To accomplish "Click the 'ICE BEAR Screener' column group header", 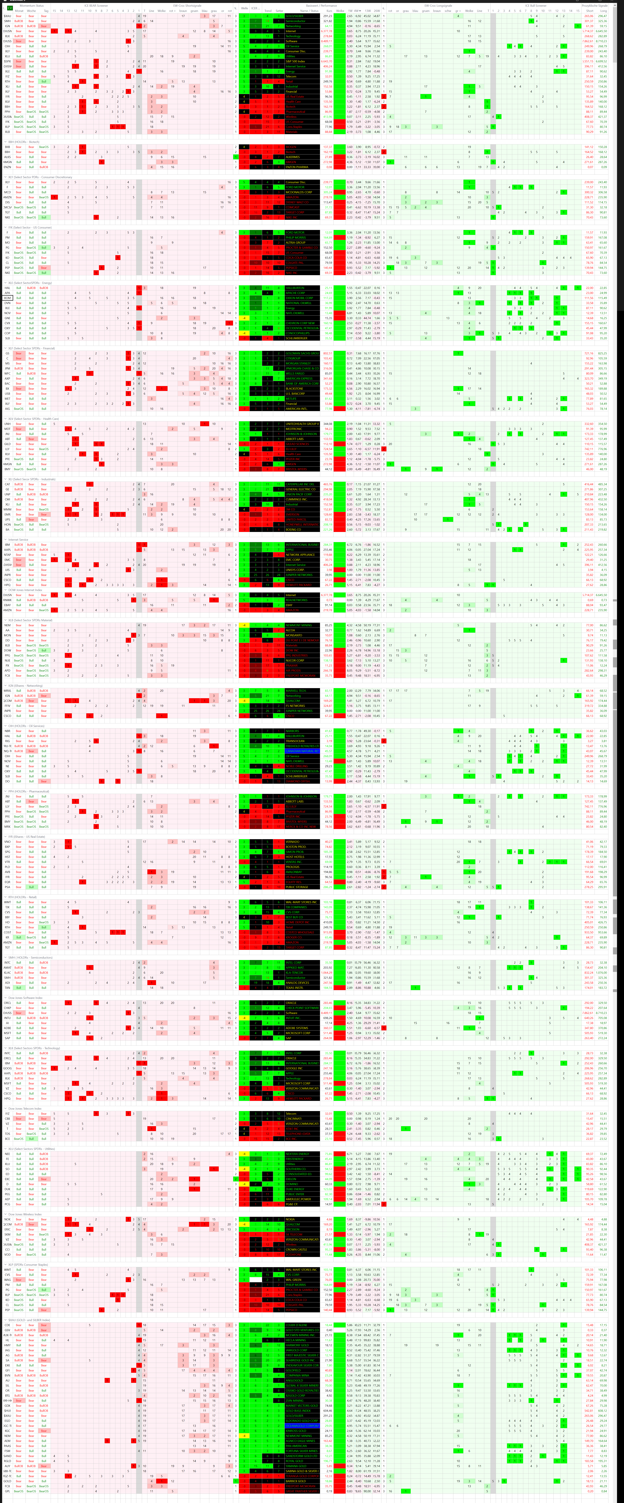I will (x=96, y=5).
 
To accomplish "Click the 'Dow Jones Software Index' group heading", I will (x=25, y=998).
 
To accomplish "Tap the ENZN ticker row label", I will (x=8, y=167).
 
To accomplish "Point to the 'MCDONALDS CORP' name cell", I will (x=299, y=192).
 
